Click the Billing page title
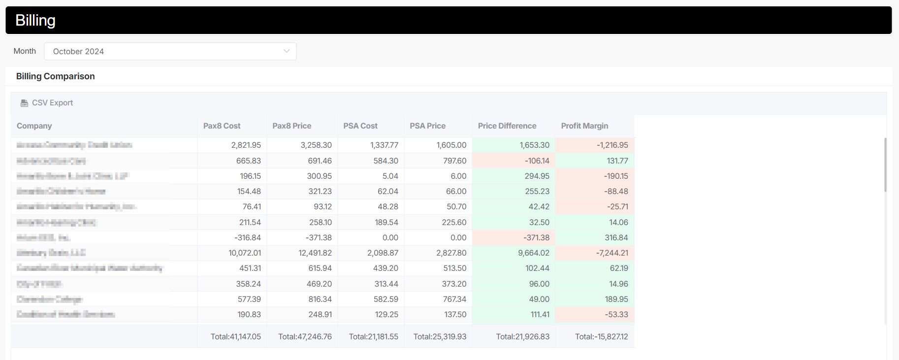click(35, 20)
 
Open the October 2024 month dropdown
click(170, 51)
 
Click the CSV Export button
click(47, 103)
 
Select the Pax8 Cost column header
click(222, 126)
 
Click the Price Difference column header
click(507, 126)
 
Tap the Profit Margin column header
click(584, 126)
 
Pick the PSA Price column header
click(427, 126)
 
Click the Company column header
click(34, 126)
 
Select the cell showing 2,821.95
click(246, 145)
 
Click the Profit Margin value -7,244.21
click(611, 253)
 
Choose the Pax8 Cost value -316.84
click(248, 238)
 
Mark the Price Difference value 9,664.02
click(534, 253)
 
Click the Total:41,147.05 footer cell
click(235, 337)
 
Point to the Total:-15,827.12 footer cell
click(601, 337)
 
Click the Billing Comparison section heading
click(55, 76)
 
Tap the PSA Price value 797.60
click(451, 161)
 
